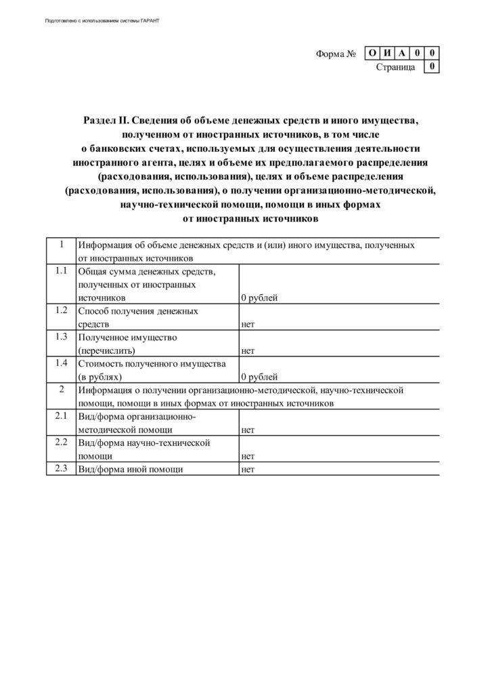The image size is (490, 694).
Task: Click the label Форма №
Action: pos(336,54)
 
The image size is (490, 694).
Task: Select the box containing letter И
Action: pos(386,53)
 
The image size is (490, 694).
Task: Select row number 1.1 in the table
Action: pos(61,271)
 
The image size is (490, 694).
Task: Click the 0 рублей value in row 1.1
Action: pos(259,298)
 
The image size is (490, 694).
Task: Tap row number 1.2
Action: pos(61,310)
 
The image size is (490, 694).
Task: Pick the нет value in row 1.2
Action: pos(248,324)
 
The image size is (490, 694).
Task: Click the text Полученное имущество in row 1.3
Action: pos(127,338)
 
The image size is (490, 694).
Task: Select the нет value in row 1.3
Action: pos(248,350)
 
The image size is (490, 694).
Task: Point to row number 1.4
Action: pos(61,363)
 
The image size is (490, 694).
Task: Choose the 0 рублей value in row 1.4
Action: pos(259,377)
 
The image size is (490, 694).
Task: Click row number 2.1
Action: pos(61,416)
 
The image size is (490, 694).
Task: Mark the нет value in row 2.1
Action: pos(248,430)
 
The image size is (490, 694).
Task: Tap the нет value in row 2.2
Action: pos(248,456)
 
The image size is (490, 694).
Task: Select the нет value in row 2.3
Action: pos(248,469)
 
